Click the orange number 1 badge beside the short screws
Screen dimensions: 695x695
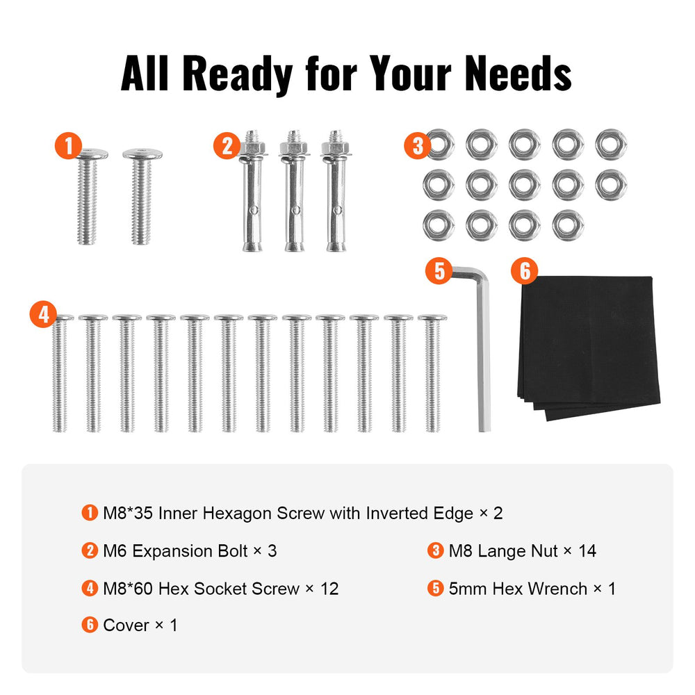tap(68, 145)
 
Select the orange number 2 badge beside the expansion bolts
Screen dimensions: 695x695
tap(227, 146)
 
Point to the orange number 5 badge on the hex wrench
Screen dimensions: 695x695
tap(439, 270)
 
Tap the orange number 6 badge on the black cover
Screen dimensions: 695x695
tap(524, 270)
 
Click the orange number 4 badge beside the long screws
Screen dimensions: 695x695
tap(43, 314)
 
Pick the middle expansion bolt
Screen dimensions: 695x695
tap(294, 190)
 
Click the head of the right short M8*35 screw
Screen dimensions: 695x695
tap(142, 154)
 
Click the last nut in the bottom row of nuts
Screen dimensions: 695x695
tap(568, 225)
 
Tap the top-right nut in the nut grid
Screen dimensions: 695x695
tap(611, 145)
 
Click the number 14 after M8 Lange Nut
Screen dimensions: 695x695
tap(587, 551)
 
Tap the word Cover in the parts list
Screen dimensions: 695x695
tap(126, 625)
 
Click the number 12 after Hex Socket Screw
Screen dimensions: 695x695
tap(329, 589)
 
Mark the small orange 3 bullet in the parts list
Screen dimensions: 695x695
tap(435, 550)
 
